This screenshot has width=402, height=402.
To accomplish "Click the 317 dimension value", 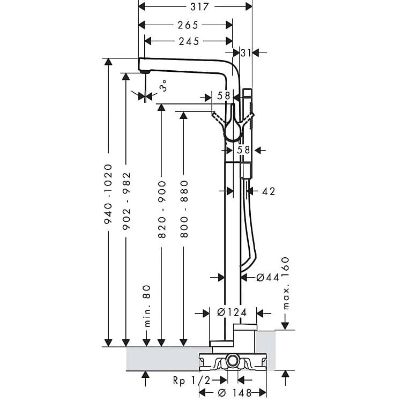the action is (x=199, y=6).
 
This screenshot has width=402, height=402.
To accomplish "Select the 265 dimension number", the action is (x=188, y=25).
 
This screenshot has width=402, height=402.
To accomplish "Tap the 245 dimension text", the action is (x=189, y=41).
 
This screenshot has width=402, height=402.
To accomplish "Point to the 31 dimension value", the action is (x=246, y=53).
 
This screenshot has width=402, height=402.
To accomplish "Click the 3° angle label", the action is (x=163, y=86).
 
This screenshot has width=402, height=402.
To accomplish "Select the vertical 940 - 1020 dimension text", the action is (x=108, y=194).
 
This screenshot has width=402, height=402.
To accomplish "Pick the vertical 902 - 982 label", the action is (x=126, y=201).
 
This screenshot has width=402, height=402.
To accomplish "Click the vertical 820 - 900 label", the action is (x=162, y=209).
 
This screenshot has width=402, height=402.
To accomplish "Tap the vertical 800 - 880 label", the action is (x=184, y=209).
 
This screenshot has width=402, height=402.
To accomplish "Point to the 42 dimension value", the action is (x=269, y=191).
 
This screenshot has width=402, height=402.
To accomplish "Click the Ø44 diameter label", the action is (x=267, y=277).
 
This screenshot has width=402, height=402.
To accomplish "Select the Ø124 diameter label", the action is (x=232, y=312).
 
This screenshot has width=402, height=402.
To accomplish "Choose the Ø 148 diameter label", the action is (x=235, y=392).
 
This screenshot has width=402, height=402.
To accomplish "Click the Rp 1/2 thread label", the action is (x=191, y=381).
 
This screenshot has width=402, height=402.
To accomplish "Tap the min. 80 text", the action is (x=147, y=306).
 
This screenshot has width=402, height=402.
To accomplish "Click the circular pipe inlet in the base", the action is (x=232, y=361).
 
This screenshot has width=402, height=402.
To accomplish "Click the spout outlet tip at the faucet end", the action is (x=144, y=72).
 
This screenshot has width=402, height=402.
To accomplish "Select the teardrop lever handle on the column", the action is (x=233, y=123).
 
